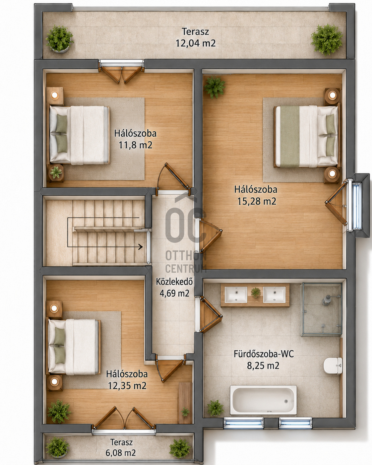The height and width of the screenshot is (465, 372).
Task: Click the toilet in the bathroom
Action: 333,365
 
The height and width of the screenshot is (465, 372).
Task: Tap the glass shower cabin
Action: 321,309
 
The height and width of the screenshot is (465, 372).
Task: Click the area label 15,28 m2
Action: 257,201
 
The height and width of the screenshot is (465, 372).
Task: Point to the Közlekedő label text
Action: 174,282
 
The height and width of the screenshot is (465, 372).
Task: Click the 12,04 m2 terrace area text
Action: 196,43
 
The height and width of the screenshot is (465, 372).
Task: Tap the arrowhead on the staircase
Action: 141,246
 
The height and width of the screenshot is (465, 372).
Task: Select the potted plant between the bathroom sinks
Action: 256,293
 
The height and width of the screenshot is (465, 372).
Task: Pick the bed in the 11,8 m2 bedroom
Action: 79,135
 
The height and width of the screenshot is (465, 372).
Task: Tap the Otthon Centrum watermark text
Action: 186,262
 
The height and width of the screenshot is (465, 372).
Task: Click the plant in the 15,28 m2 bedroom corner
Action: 215,87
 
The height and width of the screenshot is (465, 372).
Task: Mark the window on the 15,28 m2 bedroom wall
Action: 357,206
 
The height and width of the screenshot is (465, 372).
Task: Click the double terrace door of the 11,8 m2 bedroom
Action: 121,72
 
